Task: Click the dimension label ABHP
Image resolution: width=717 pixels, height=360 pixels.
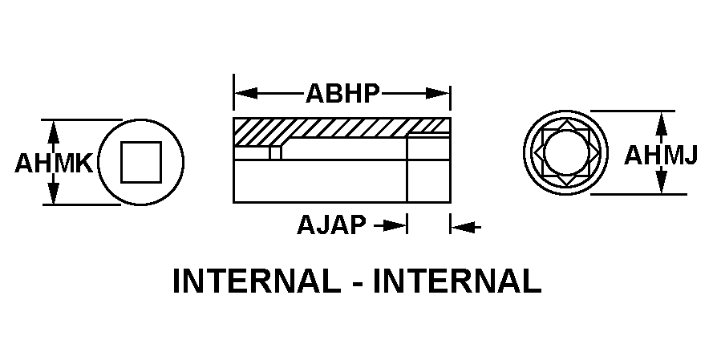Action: pos(342,94)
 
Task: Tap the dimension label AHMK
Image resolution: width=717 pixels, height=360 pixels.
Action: pos(54,164)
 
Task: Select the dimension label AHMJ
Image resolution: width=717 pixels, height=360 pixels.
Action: pos(660,155)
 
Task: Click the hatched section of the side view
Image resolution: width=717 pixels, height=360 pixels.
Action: pos(337,129)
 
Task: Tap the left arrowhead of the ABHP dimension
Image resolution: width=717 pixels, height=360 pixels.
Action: pos(243,94)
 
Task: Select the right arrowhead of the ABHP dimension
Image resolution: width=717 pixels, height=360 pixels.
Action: pos(440,94)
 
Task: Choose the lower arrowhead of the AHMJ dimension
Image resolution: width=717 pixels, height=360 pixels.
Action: pos(661,185)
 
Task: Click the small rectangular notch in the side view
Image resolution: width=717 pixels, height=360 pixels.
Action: pos(275,152)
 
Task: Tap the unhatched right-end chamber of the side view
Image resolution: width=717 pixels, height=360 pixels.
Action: pos(428,169)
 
